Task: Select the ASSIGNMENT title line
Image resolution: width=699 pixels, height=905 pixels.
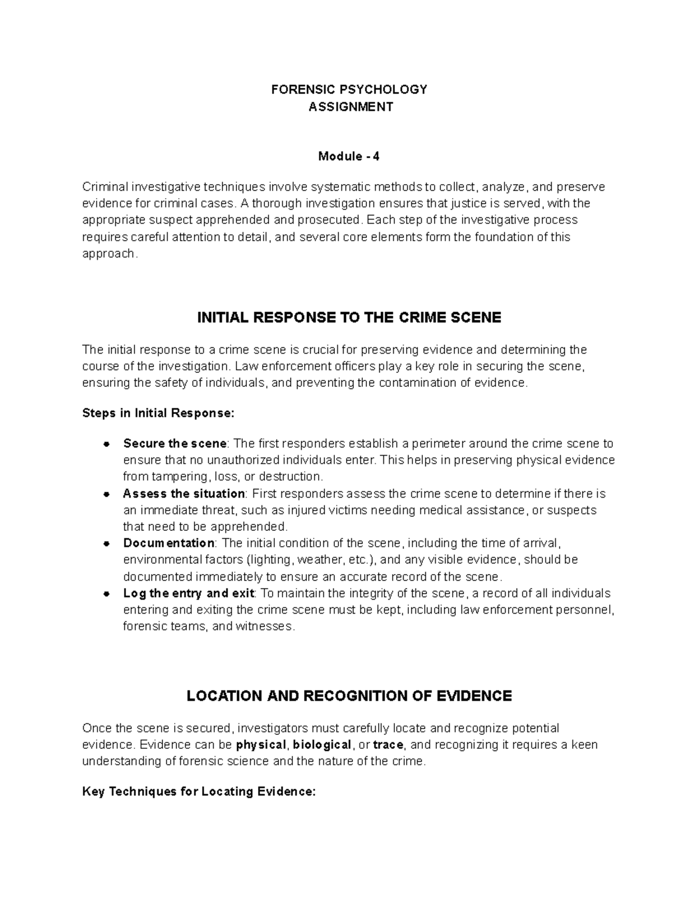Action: click(x=350, y=107)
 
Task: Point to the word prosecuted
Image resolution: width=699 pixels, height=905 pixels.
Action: click(x=329, y=220)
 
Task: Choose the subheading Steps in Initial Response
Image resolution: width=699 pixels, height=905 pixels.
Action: click(x=158, y=413)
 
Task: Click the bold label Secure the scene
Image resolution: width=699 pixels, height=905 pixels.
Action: click(x=174, y=443)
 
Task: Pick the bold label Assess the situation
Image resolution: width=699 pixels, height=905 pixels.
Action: click(x=183, y=494)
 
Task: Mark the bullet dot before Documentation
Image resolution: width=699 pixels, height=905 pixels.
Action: click(x=106, y=544)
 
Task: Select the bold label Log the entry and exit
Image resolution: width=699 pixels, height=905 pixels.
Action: click(x=189, y=593)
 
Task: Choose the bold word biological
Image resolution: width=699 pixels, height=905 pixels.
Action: click(x=322, y=745)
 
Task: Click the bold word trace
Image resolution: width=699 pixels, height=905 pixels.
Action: click(x=388, y=745)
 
